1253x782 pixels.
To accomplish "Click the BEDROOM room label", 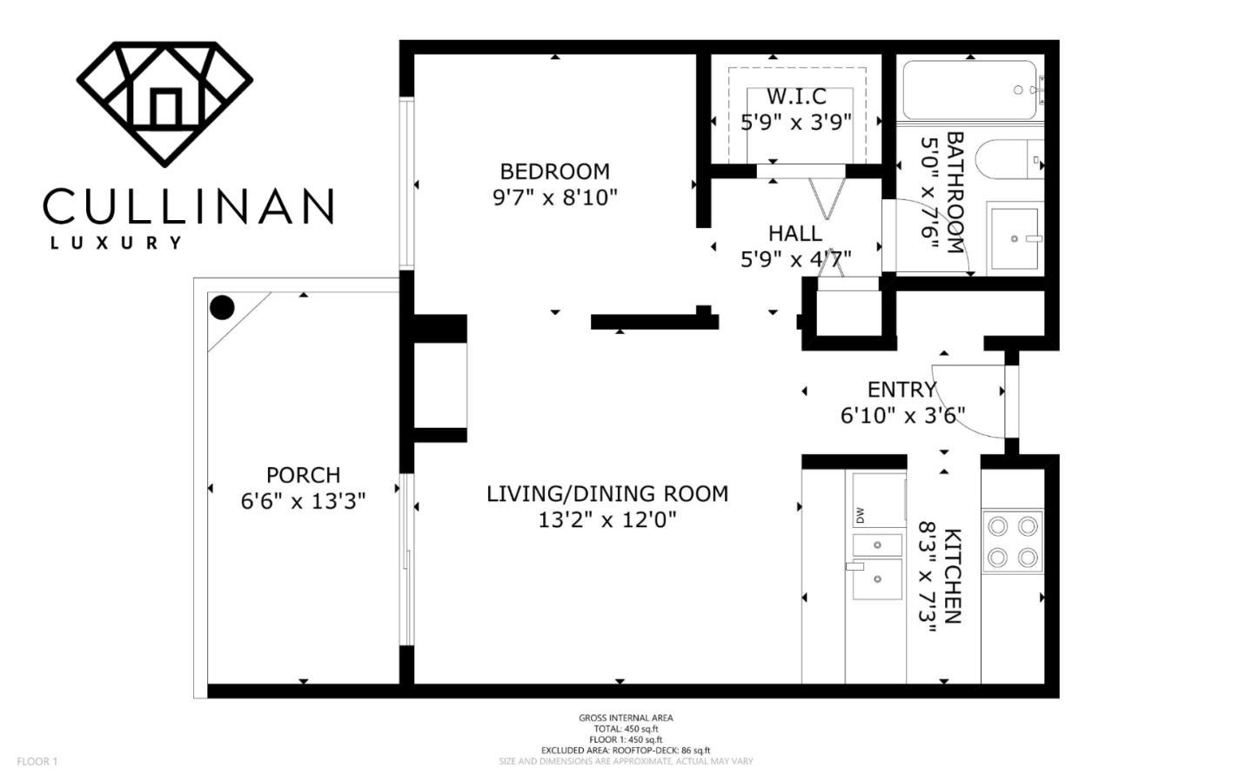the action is (555, 171).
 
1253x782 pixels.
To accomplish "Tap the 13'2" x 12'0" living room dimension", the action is (607, 520).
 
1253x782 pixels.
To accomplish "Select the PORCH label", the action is (303, 475).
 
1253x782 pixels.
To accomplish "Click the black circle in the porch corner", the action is (222, 308).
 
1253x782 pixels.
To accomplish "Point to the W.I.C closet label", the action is (796, 97).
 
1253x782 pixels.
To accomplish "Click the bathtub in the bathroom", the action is (970, 90).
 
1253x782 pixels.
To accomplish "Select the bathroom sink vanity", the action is (1015, 238).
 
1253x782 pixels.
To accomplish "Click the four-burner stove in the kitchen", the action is (1013, 541).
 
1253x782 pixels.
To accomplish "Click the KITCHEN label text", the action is (953, 576).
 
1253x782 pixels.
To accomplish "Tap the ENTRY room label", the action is (901, 389).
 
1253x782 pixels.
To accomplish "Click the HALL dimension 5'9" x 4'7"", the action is (796, 259).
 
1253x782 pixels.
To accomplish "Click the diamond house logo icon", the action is (164, 104).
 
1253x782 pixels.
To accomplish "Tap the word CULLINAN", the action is (189, 206).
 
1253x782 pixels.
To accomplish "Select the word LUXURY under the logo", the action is (116, 243).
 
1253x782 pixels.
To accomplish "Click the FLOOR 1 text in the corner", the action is (37, 761).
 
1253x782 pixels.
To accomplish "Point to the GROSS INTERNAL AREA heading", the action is (626, 718).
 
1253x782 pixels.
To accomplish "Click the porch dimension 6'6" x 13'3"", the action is (303, 501).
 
